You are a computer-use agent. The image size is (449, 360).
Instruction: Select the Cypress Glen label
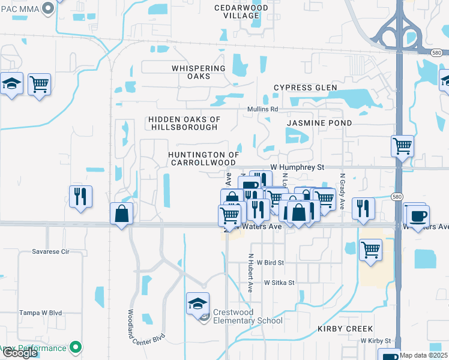306,88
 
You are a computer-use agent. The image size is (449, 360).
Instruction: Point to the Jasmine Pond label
319,123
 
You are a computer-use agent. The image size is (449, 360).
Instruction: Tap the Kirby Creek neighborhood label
345,329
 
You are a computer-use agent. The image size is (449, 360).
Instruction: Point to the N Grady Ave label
342,191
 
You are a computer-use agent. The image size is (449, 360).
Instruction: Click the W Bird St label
270,263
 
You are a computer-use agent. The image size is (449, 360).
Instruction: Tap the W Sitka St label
279,283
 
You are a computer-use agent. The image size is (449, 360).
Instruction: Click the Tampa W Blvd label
40,313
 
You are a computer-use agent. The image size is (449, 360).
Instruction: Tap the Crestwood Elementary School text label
247,316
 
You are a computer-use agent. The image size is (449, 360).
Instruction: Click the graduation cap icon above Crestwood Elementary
197,304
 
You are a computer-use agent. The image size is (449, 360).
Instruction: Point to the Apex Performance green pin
76,347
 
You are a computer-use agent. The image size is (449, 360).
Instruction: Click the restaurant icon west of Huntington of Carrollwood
79,196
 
